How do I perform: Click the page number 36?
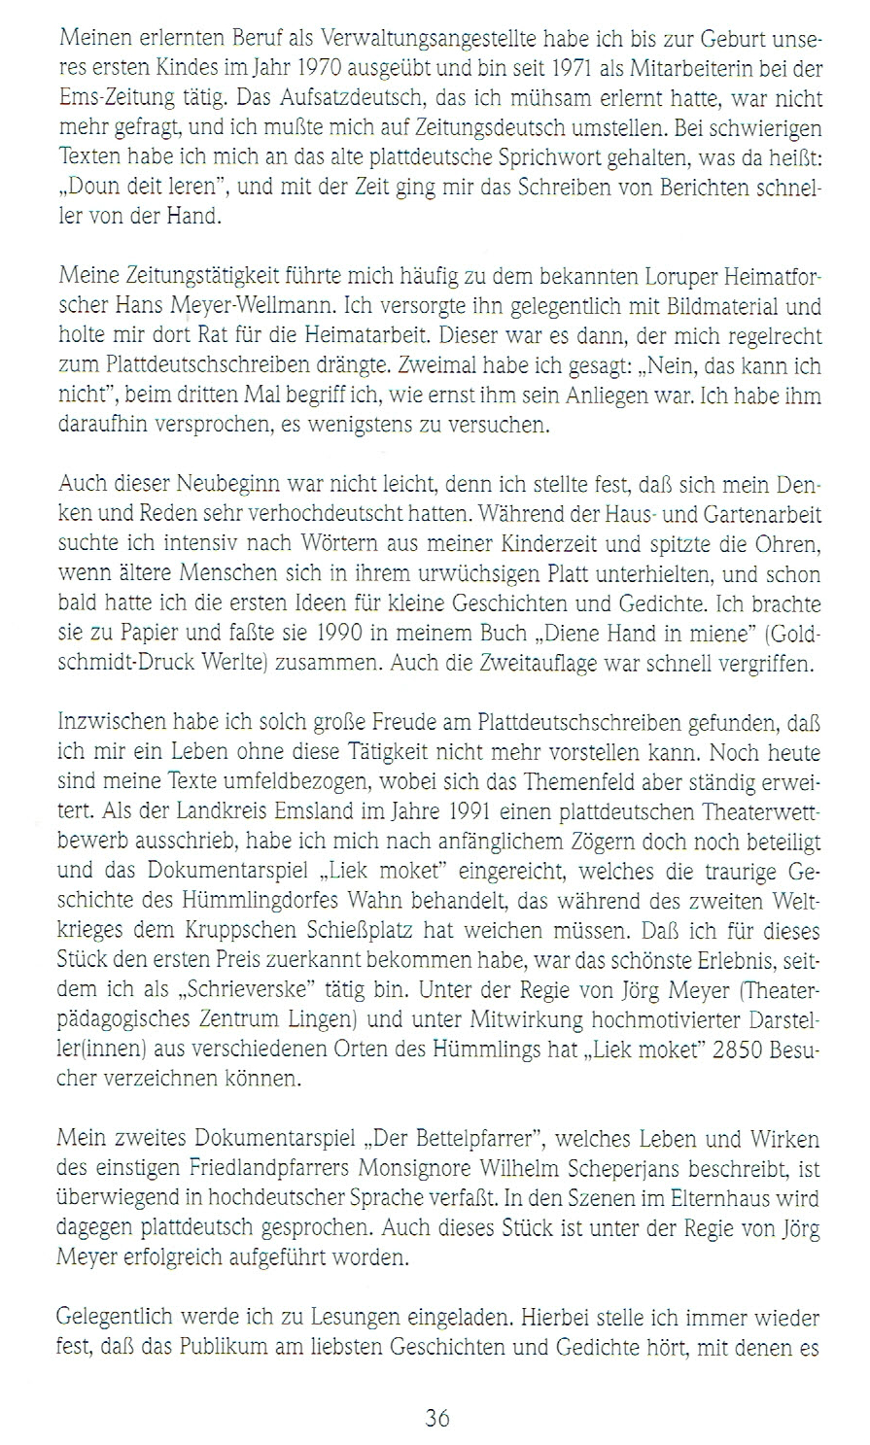coord(435,1418)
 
